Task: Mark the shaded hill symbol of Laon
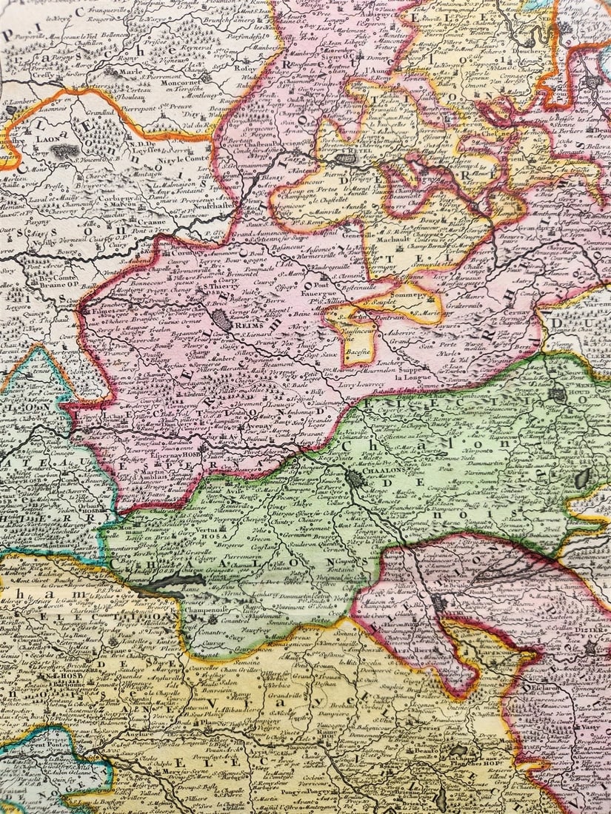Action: (x=63, y=151)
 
